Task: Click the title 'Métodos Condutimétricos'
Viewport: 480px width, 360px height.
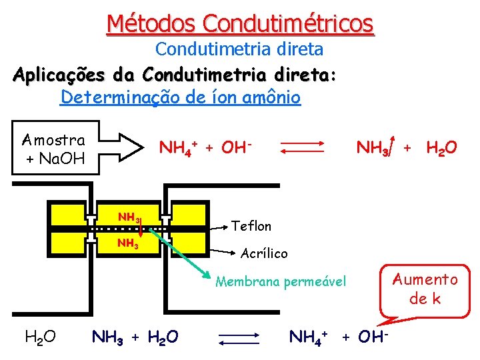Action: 240,24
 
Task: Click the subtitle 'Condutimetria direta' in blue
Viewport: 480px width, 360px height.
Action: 239,49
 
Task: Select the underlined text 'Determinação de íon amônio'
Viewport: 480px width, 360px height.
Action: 181,98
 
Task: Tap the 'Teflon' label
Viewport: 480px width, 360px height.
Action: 251,226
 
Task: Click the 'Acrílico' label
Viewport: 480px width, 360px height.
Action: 264,253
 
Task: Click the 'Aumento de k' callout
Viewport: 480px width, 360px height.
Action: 424,289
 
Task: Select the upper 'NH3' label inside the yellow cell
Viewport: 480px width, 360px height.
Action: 128,217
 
